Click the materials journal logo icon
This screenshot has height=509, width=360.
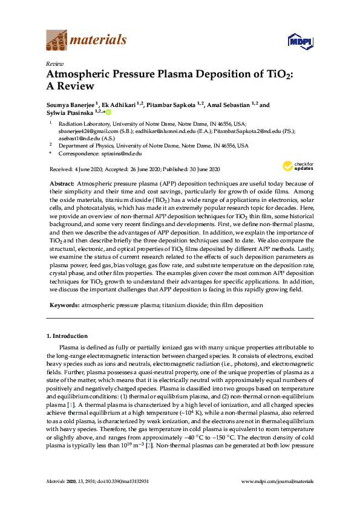[x=56, y=41]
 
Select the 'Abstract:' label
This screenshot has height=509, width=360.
[x=61, y=183]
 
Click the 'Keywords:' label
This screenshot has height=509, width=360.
[x=64, y=306]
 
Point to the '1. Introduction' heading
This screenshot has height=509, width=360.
[x=67, y=336]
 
